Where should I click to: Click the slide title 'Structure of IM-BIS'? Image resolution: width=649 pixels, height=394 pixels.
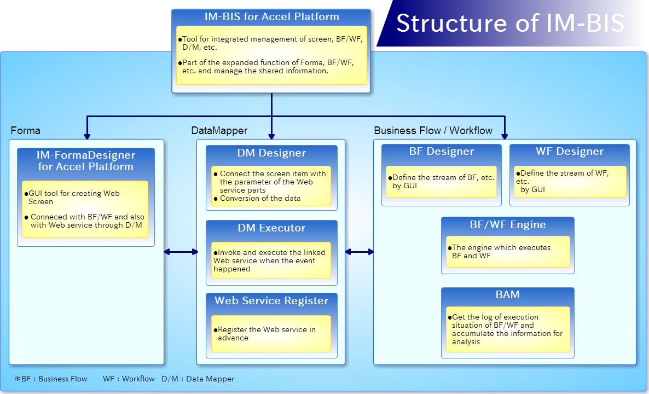tap(510, 23)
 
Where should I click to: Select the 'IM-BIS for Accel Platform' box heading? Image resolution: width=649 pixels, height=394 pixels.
tap(271, 16)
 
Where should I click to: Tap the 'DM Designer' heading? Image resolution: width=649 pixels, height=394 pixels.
tap(271, 153)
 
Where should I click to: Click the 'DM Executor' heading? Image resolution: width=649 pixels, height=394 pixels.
tap(271, 228)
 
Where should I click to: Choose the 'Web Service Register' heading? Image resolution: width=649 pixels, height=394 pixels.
tap(271, 300)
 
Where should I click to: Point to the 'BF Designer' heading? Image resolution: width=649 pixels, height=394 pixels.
tap(442, 151)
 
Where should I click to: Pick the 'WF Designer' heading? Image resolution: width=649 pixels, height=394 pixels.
tap(570, 151)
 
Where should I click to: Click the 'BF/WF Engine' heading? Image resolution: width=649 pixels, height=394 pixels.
tap(508, 224)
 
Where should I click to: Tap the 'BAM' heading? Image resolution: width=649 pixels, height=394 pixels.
tap(507, 294)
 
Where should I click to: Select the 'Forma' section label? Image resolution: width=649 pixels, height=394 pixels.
tap(25, 130)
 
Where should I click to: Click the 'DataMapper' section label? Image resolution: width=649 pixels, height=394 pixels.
tap(219, 130)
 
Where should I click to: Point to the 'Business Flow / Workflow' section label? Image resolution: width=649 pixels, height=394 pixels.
tap(433, 130)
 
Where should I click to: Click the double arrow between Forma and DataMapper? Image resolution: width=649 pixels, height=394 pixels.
tap(181, 252)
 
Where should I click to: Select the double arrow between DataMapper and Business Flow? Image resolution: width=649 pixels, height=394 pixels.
tap(360, 252)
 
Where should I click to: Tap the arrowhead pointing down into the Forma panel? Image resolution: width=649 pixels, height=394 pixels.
tap(87, 136)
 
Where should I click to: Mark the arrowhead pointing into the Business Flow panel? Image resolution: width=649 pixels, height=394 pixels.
tap(505, 136)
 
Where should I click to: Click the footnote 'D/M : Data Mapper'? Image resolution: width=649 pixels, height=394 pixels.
tap(198, 379)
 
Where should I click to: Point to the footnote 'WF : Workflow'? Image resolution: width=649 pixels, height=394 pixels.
tap(129, 379)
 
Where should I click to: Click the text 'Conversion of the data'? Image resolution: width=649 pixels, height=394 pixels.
tap(260, 198)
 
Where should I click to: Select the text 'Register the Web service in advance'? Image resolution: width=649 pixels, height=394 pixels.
tap(265, 334)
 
